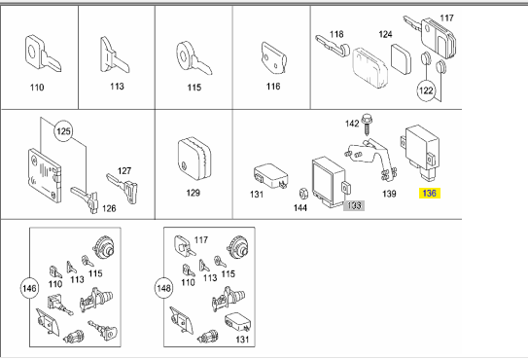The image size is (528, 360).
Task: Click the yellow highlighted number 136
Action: [429, 193]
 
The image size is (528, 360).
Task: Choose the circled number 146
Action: [29, 288]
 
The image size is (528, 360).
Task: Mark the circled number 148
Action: [165, 288]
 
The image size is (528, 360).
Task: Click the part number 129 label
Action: [193, 193]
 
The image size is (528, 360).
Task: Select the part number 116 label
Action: [272, 87]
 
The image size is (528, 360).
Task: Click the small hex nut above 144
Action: [302, 194]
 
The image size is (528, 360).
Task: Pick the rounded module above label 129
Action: [194, 157]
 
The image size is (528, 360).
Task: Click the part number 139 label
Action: [388, 194]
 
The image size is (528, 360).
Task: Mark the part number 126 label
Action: [109, 206]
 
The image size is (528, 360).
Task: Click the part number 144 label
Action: [301, 207]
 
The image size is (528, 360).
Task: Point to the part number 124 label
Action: [385, 35]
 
